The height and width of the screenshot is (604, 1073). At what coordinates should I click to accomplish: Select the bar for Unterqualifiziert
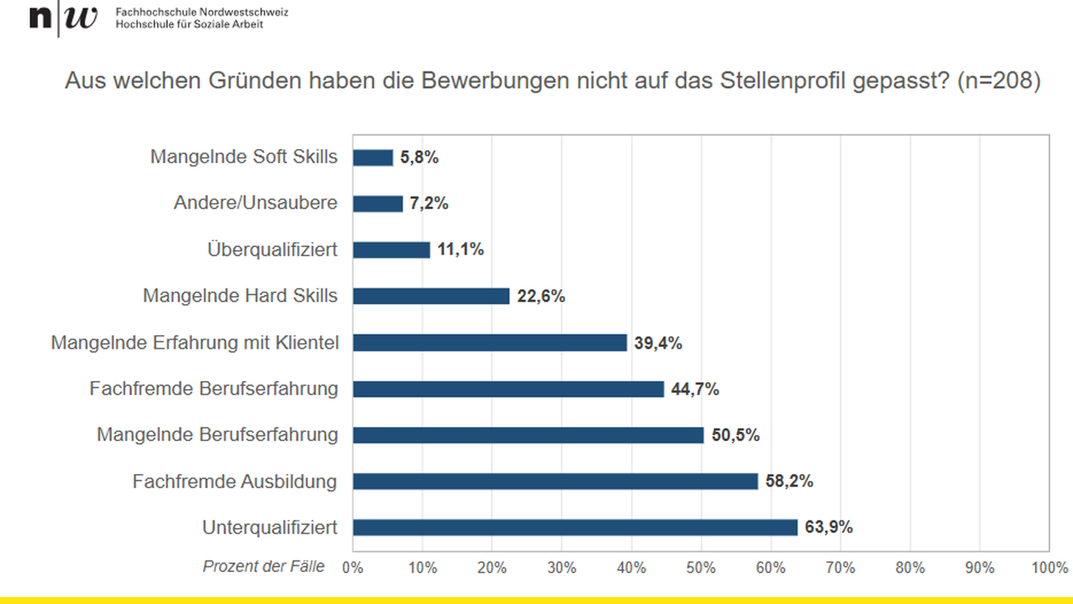click(575, 527)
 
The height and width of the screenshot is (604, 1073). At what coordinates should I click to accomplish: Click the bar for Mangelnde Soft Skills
click(373, 158)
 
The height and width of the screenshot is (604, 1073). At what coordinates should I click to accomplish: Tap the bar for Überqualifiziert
click(391, 250)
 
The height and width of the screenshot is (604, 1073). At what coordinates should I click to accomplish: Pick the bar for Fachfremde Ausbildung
click(555, 482)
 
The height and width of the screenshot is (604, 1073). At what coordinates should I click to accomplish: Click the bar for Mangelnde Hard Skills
click(431, 296)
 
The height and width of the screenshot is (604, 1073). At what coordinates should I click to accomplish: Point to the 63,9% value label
click(828, 527)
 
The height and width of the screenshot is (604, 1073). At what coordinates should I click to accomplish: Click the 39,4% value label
click(658, 343)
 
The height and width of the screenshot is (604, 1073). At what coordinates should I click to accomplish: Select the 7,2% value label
click(429, 204)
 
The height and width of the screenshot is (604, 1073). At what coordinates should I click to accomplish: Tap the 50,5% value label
click(735, 435)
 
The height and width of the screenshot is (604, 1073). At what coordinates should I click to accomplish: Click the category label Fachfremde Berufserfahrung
click(213, 389)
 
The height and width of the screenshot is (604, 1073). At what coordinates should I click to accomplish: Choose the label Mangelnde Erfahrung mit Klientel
click(194, 343)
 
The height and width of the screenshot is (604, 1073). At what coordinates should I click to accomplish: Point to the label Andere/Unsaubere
click(255, 202)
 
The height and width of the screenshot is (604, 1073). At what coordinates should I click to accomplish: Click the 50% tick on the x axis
click(701, 568)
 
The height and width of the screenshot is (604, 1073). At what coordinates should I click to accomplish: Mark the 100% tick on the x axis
click(1049, 568)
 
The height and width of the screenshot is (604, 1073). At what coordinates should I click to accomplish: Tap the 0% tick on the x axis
click(353, 568)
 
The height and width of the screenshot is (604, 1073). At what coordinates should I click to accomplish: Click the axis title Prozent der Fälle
click(263, 567)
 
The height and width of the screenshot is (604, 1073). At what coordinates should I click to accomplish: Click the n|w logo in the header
click(63, 18)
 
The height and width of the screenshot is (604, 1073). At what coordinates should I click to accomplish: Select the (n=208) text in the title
click(999, 81)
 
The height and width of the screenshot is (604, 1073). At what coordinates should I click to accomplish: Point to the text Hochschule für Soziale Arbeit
click(189, 25)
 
